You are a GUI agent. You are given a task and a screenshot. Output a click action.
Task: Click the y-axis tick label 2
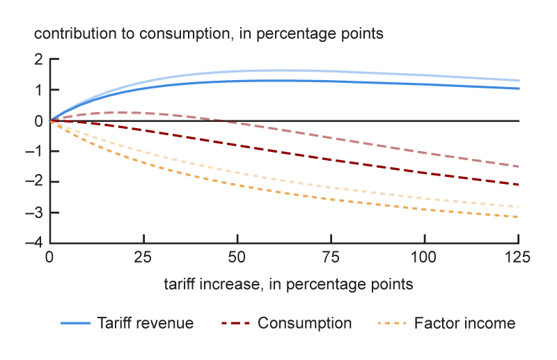point(38,60)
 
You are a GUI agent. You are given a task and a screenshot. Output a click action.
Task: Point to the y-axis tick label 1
point(38,91)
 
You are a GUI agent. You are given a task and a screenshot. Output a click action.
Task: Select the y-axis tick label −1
point(35,152)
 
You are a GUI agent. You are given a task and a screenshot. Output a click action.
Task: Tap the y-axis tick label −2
point(35,182)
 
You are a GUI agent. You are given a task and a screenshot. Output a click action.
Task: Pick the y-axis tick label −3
point(35,213)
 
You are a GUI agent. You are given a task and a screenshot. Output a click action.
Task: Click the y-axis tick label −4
point(35,244)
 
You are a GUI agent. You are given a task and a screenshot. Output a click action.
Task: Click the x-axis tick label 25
point(143,258)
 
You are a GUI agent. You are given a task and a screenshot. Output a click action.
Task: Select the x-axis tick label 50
point(237,258)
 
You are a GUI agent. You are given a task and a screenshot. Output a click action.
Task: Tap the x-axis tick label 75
point(331,258)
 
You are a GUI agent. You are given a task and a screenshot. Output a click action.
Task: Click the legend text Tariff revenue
point(146,323)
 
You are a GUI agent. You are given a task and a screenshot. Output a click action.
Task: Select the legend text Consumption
point(304,323)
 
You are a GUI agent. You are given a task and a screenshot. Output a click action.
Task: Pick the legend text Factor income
point(464,323)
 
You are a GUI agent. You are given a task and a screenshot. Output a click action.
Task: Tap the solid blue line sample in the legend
point(76,324)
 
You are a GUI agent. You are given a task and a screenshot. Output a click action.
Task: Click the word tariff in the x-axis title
point(180,284)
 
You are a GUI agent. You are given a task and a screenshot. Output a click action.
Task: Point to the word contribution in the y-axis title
point(68,33)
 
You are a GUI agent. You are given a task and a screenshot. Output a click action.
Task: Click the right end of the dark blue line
point(519,88)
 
